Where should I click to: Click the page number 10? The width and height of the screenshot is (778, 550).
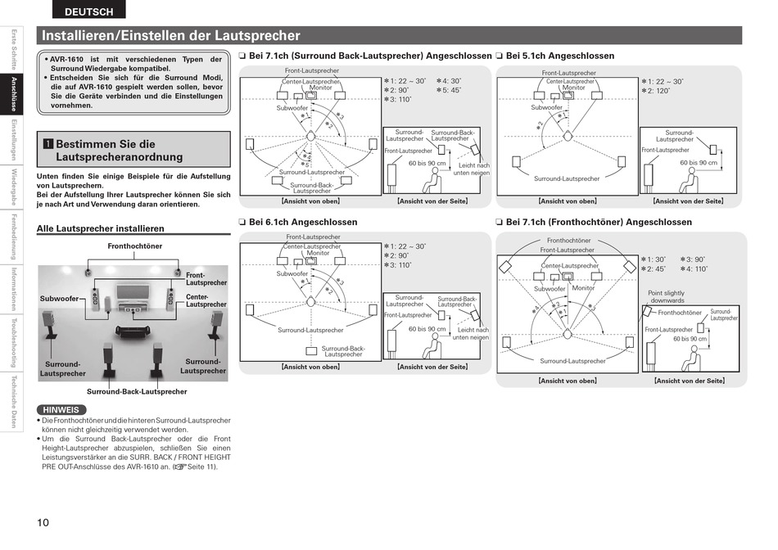coord(43,523)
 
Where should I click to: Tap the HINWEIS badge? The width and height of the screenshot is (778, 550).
coord(61,409)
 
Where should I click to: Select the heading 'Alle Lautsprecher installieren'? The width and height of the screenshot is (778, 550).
coord(101,228)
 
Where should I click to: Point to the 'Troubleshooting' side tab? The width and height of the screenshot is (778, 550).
coord(14,341)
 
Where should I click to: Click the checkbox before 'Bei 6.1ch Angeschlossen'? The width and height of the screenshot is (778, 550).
coord(242,222)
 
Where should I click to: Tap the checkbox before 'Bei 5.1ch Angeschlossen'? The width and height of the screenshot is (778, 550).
coord(499,56)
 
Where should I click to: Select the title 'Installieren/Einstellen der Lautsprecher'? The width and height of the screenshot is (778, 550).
coord(170,36)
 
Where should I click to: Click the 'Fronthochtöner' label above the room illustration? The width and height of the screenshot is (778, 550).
coord(134,246)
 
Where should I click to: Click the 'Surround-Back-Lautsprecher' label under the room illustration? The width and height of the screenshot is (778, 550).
coord(137,391)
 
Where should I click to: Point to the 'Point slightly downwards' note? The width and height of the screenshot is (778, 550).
coord(666,297)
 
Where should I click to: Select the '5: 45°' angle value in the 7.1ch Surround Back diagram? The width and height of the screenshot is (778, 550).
coord(448,90)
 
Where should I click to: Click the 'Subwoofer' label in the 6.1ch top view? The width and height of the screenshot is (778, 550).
coord(292,273)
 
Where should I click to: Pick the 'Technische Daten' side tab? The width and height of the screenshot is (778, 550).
coord(14,401)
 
